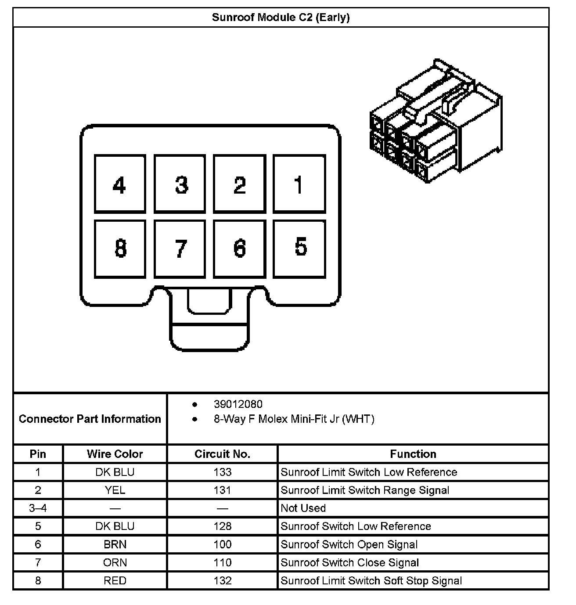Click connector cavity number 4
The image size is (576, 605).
point(120,184)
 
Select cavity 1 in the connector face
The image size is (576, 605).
point(299,184)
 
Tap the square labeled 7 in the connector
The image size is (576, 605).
point(180,249)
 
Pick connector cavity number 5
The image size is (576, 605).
point(299,248)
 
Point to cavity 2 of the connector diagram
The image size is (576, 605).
point(240,184)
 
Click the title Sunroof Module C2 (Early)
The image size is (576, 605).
point(281,18)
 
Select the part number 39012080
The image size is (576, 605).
point(238,404)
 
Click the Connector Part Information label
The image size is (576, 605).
point(90,419)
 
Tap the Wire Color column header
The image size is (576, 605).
point(115,454)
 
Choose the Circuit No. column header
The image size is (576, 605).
point(222,454)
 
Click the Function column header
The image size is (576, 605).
point(413,454)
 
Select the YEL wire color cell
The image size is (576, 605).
point(115,490)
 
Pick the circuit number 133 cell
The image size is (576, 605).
point(222,472)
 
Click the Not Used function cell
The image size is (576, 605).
point(303,508)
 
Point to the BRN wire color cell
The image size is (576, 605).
point(115,544)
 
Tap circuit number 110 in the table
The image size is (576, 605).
point(222,562)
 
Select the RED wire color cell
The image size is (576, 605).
point(115,580)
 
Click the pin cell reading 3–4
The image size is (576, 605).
point(38,508)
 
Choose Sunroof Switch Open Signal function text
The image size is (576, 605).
point(349,544)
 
